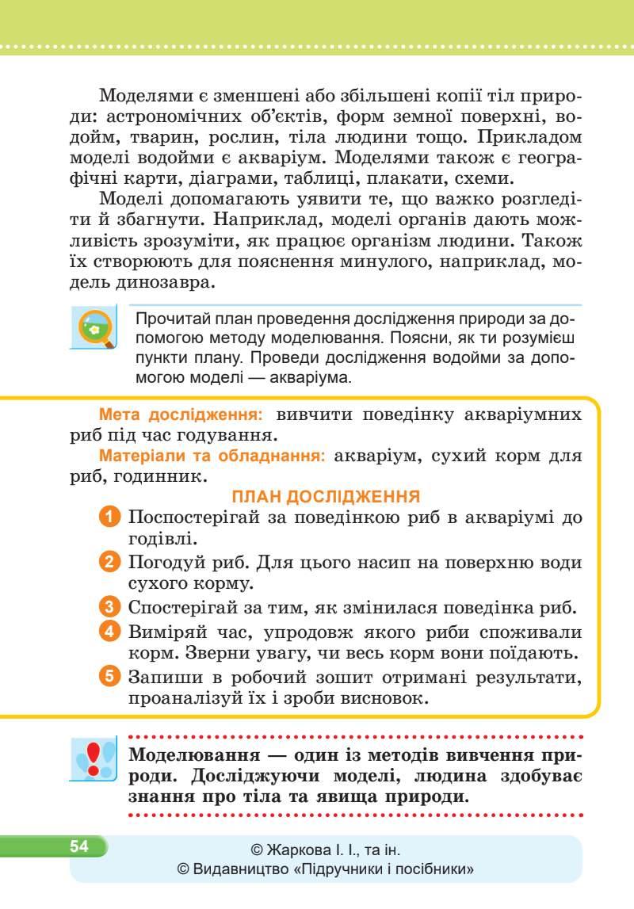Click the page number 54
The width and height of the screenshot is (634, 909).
(x=78, y=846)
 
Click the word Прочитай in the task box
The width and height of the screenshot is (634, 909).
(x=167, y=319)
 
